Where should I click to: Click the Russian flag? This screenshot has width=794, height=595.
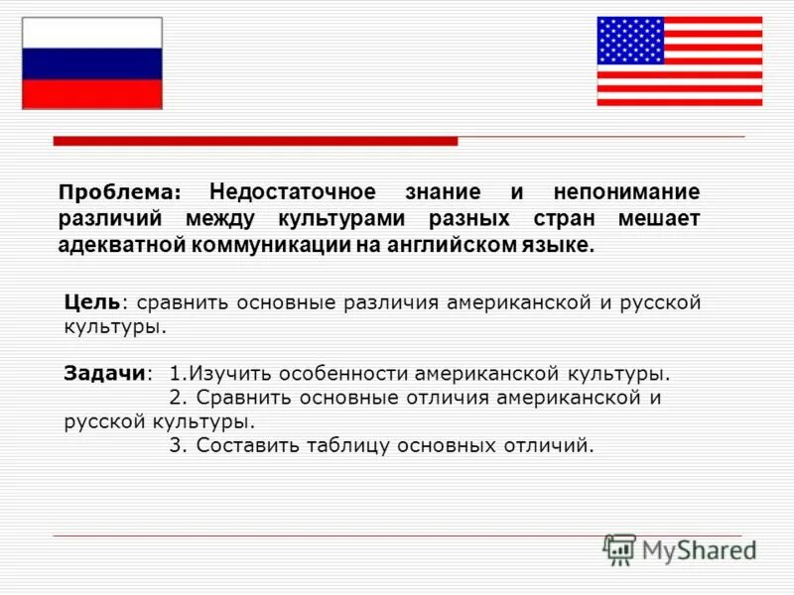(x=91, y=63)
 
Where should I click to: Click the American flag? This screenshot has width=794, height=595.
(x=679, y=60)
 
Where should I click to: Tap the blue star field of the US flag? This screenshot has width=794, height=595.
(x=630, y=41)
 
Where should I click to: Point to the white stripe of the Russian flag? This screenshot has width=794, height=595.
(x=91, y=33)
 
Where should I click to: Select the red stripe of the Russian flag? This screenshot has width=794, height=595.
(x=91, y=93)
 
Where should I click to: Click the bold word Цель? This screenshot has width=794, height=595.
(x=92, y=300)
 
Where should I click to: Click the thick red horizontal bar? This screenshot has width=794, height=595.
(x=255, y=142)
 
